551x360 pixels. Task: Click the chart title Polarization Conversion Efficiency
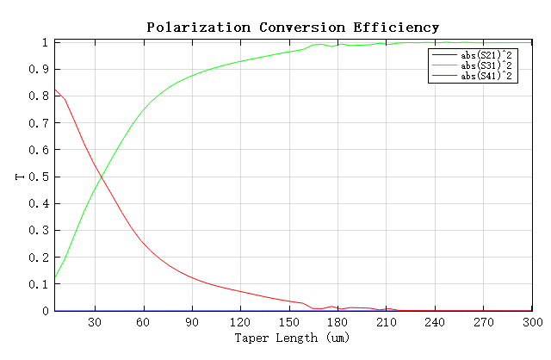[293, 28]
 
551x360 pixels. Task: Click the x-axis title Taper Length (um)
[292, 338]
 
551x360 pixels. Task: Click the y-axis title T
[19, 177]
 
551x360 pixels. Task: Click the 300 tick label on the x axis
[530, 322]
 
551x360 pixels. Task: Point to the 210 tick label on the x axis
[386, 322]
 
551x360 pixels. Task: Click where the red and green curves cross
[102, 177]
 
